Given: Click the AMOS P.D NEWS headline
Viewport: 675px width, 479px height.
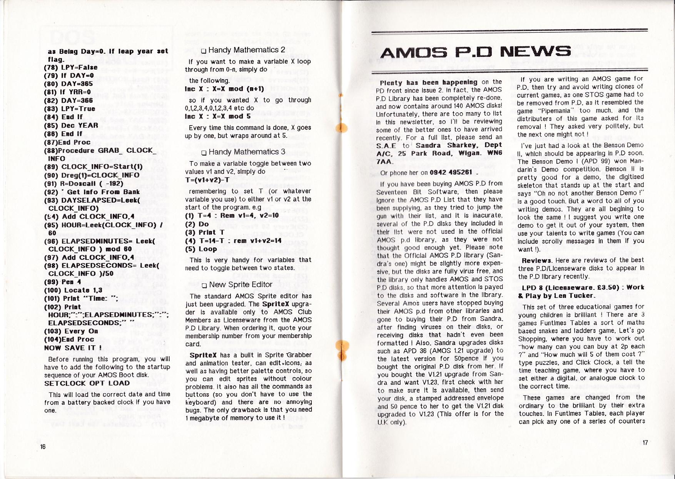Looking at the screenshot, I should pyautogui.click(x=476, y=52).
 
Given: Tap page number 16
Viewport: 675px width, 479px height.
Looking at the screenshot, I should pyautogui.click(x=43, y=446).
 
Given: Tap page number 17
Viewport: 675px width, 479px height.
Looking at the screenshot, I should pyautogui.click(x=645, y=442).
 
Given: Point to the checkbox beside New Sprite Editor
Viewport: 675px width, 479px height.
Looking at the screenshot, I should pyautogui.click(x=204, y=285).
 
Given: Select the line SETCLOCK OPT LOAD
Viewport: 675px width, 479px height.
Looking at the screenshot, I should pyautogui.click(x=87, y=383).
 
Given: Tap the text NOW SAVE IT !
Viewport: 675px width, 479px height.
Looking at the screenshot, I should pyautogui.click(x=73, y=348).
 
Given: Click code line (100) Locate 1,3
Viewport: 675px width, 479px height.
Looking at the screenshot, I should pyautogui.click(x=73, y=290).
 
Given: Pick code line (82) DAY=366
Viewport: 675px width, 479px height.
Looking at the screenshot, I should pyautogui.click(x=69, y=100).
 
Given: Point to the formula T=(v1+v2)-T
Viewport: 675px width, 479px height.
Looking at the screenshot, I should pyautogui.click(x=207, y=180).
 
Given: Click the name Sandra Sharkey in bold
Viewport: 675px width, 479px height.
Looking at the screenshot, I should pyautogui.click(x=447, y=145).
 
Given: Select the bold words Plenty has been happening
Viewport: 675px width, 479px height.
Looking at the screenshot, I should pyautogui.click(x=428, y=82).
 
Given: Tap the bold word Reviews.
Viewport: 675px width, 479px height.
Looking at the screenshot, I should pyautogui.click(x=536, y=260).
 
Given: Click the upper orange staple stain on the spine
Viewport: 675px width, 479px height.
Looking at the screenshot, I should pyautogui.click(x=341, y=126).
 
